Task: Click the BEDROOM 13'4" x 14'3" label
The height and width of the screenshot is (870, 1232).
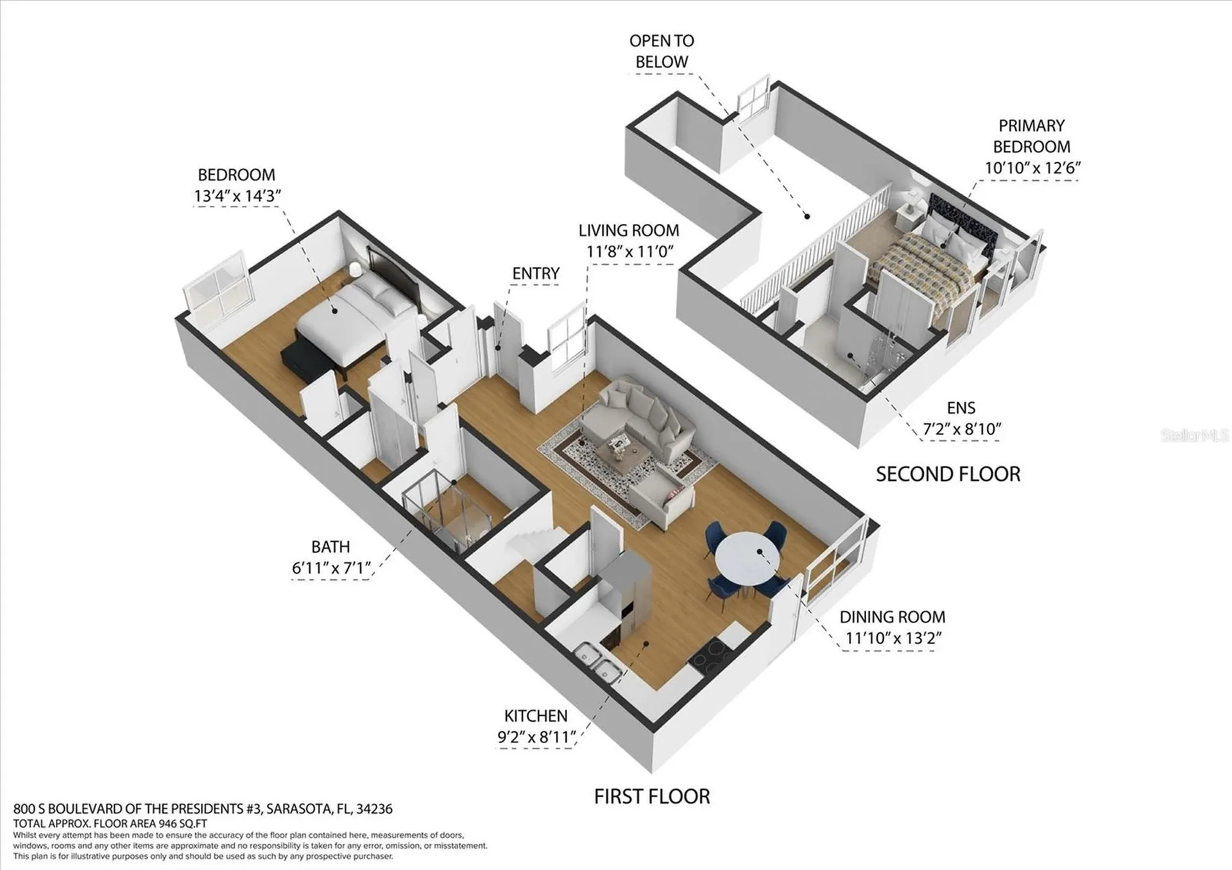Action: click(237, 185)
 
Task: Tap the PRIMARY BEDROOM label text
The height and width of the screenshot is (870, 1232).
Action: click(1032, 135)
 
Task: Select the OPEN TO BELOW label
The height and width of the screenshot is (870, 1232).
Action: click(662, 51)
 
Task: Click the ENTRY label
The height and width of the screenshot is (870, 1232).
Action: click(536, 273)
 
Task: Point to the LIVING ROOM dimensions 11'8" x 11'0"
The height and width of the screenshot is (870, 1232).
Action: click(630, 252)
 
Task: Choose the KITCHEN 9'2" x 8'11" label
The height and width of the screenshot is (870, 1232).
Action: click(536, 726)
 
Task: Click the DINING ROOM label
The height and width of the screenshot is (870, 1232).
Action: click(893, 617)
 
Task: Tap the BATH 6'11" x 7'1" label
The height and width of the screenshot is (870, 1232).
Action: click(331, 557)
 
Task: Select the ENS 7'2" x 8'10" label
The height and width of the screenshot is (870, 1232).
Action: click(961, 418)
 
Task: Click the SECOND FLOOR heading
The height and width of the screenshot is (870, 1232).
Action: click(948, 474)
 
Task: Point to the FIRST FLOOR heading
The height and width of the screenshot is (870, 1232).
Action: click(652, 796)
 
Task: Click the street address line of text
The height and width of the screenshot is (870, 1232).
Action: click(203, 809)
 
